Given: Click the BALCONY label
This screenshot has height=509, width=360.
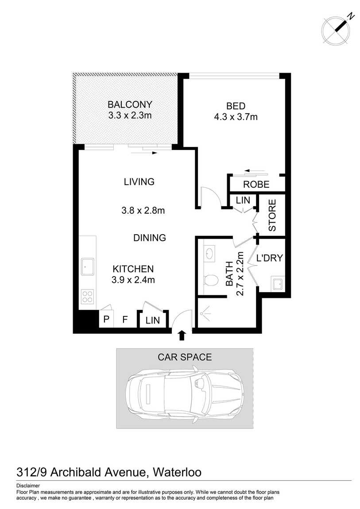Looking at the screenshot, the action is [130, 104].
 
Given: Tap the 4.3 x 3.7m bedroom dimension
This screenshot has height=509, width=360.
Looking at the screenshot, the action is [236, 117].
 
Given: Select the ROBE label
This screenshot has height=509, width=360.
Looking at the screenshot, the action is [256, 185].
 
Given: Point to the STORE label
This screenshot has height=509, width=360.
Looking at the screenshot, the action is [272, 215].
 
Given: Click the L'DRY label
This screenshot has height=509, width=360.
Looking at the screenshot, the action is [269, 258].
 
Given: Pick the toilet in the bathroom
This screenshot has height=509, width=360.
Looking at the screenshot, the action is [211, 280].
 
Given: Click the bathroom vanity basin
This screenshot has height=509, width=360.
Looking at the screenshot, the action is [209, 252].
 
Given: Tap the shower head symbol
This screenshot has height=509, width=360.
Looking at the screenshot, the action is [202, 314].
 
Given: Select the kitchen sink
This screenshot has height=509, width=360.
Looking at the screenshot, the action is [87, 266].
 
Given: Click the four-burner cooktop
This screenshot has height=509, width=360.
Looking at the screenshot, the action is [88, 297].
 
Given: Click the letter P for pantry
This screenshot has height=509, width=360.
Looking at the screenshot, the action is [106, 320].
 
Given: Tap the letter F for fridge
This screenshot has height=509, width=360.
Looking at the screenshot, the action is [125, 320].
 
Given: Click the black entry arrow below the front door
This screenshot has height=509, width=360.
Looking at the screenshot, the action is [182, 335].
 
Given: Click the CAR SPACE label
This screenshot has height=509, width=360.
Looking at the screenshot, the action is [185, 357].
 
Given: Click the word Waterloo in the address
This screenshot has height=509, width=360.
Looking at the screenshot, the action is [177, 472].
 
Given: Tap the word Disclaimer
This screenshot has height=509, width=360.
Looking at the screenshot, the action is [28, 486].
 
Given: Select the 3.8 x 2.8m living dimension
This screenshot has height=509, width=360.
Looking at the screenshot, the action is [143, 211].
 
